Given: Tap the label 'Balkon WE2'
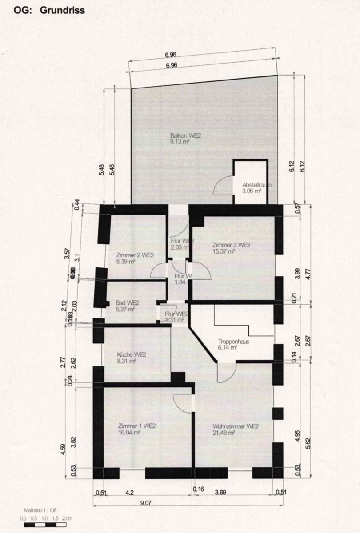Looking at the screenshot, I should coord(185,136).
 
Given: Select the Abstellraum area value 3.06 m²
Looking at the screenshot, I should coord(251,191).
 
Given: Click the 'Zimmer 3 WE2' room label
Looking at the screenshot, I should coord(231,245).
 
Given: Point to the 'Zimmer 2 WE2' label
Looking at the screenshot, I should coord(135,255).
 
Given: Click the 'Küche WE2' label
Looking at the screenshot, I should coord(132,354).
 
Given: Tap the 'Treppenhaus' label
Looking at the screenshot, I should coord(233,342).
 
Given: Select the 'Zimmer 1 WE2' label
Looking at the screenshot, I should coord(137,425).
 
